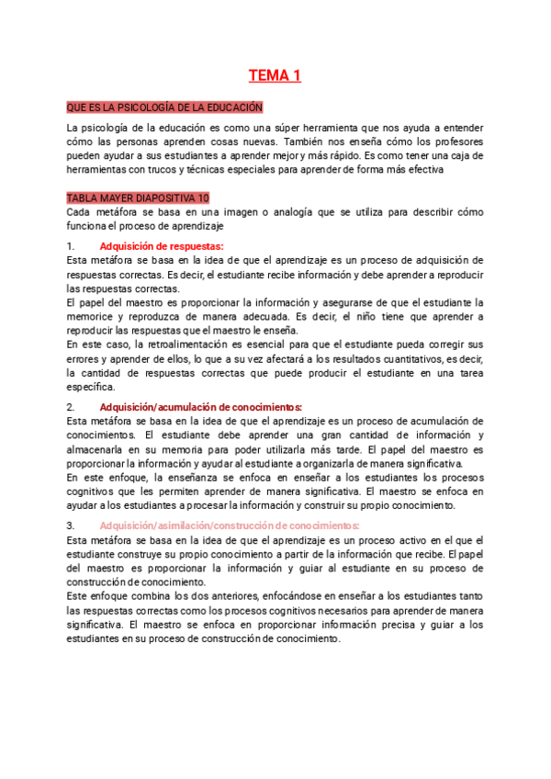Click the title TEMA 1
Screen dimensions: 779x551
click(275, 76)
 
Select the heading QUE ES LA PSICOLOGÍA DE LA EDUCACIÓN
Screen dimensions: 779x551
click(165, 107)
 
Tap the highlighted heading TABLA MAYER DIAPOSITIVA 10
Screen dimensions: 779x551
click(139, 198)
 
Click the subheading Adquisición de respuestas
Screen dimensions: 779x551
click(161, 246)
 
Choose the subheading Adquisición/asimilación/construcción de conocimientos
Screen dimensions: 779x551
click(230, 525)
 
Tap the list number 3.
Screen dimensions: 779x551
click(71, 525)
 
